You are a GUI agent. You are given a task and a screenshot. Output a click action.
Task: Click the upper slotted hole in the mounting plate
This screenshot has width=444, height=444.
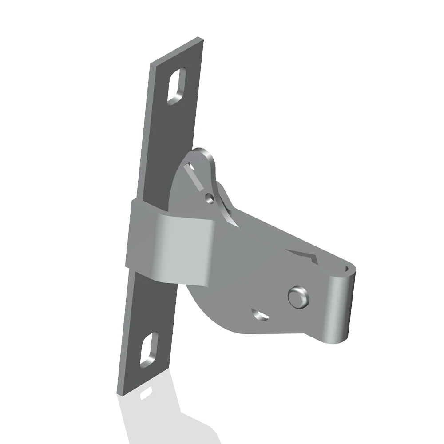tap(176, 86)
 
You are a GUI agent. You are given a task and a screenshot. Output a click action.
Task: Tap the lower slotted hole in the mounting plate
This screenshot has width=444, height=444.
tap(149, 349)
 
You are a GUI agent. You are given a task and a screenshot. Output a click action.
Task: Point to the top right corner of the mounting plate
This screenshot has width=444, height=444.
tap(203, 39)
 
